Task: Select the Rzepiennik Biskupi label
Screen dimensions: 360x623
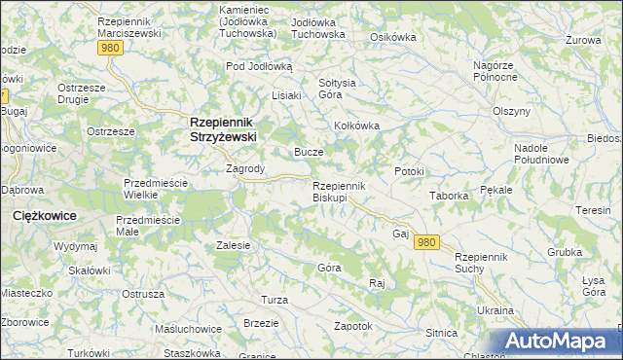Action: [x=338, y=192]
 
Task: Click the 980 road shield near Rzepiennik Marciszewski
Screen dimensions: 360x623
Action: [x=111, y=47]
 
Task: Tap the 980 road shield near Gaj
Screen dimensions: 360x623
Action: [x=425, y=242]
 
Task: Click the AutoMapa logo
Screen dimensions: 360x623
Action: [x=559, y=341]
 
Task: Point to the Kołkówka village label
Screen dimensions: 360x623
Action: [x=356, y=126]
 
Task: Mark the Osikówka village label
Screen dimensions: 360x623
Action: [x=393, y=37]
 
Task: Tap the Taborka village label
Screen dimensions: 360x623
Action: [x=450, y=196]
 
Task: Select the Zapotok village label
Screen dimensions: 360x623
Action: [x=352, y=326]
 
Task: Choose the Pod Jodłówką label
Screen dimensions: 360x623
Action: [x=259, y=66]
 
